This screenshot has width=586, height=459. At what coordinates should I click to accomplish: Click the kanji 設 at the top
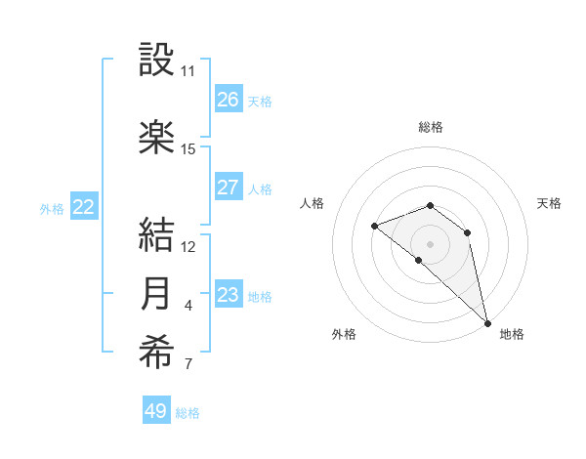coord(157,61)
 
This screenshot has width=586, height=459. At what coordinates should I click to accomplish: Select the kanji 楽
coord(157,138)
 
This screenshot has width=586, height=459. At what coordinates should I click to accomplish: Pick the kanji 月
coord(157,294)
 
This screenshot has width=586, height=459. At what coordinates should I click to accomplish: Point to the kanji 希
coord(157,355)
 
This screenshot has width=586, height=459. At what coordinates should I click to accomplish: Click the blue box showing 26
coord(228,100)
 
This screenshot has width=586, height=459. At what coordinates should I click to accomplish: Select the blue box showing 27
coord(228,188)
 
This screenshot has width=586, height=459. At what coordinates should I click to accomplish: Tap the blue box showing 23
coord(228,295)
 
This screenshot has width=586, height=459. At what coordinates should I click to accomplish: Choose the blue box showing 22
coord(84,207)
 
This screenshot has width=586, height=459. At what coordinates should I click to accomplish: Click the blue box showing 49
coord(156,411)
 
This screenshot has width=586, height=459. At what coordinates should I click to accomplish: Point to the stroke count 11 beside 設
coord(188,71)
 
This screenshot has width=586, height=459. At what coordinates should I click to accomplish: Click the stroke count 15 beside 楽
coord(188,149)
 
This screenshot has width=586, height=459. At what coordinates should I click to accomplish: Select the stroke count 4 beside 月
coord(188,306)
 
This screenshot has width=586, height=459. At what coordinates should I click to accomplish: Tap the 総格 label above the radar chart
coord(431,127)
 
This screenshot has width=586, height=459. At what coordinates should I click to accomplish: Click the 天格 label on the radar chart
coord(549,203)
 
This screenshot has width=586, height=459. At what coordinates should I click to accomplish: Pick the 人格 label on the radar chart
coord(313,203)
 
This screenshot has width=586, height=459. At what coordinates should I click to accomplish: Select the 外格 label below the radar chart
coord(344,334)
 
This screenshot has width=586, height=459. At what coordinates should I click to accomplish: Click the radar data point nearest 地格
coord(487,322)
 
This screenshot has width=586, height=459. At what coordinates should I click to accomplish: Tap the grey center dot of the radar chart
coord(431,242)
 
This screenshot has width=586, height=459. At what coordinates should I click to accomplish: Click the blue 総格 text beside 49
coord(188,413)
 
